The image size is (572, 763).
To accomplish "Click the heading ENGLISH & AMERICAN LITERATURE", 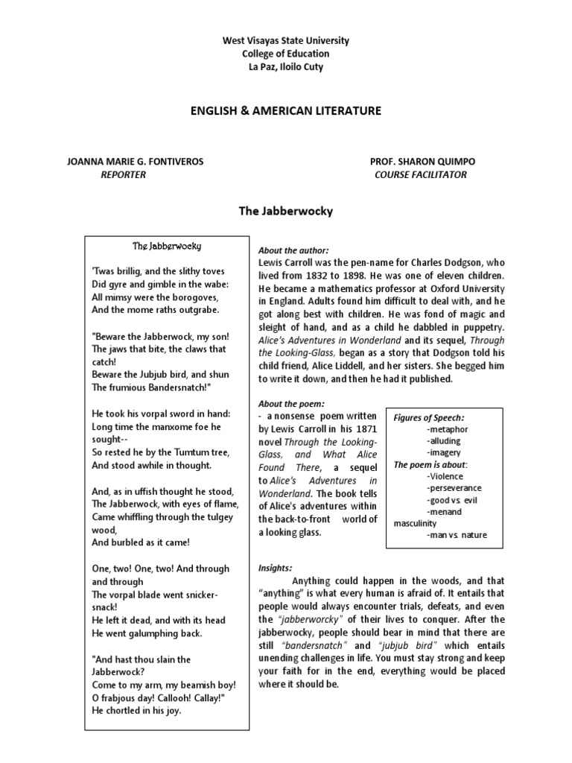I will (285, 110).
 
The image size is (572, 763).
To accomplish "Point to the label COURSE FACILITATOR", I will (421, 174).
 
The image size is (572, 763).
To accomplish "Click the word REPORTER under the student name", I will (123, 174).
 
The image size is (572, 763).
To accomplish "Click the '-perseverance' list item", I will (454, 487).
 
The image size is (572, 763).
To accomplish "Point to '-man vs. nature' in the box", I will (457, 535).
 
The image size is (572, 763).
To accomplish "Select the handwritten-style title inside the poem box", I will (167, 246).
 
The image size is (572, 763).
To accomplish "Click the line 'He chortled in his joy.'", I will (136, 709).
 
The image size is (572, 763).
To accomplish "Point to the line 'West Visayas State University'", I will (285, 40).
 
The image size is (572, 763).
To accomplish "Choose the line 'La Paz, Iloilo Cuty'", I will (285, 67).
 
